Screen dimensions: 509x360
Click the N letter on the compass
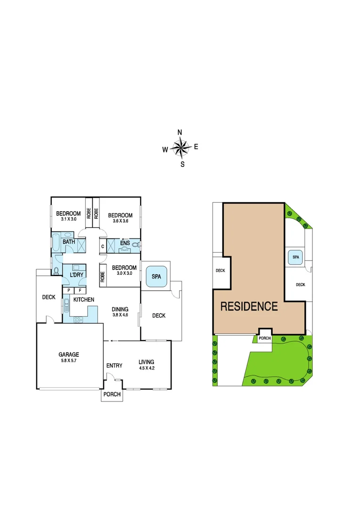point(180,132)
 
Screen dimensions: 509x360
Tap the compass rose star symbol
point(180,148)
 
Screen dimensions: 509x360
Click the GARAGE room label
point(69,354)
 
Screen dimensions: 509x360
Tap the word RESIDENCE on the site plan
point(249,306)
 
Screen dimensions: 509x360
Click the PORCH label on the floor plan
point(112,394)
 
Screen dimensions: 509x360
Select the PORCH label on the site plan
point(265,338)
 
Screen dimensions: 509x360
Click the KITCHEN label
point(83,299)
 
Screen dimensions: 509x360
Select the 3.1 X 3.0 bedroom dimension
point(68,219)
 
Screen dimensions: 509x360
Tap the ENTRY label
point(115,365)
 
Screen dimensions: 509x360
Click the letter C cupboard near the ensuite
point(103,246)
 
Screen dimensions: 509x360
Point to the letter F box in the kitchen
point(80,290)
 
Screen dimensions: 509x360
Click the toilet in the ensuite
point(136,245)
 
